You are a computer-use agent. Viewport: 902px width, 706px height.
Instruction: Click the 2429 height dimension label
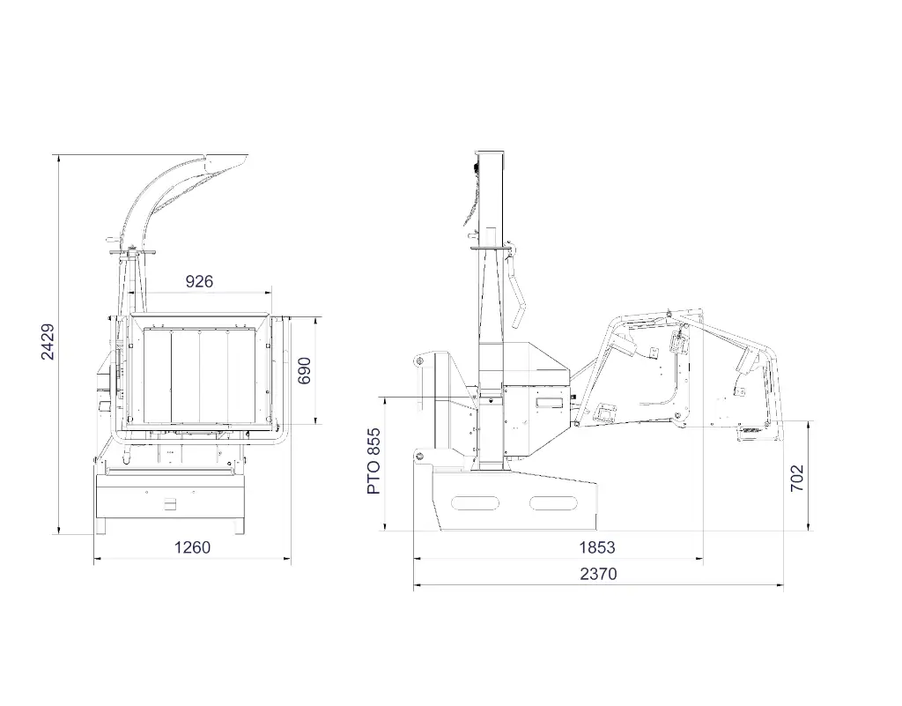(48, 342)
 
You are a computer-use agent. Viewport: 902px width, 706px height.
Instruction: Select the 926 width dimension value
(199, 281)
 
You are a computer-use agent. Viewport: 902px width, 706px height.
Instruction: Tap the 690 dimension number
(304, 370)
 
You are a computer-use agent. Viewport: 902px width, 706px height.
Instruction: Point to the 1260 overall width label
(193, 547)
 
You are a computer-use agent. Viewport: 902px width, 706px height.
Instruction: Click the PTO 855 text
(373, 461)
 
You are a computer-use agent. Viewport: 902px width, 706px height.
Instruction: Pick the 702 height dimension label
(796, 478)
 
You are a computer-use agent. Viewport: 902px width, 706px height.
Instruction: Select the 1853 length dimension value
(597, 547)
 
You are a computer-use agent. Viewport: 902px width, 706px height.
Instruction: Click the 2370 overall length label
(598, 574)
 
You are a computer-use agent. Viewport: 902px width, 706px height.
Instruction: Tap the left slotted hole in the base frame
(475, 503)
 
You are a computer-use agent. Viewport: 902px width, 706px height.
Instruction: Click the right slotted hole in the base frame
(553, 503)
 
